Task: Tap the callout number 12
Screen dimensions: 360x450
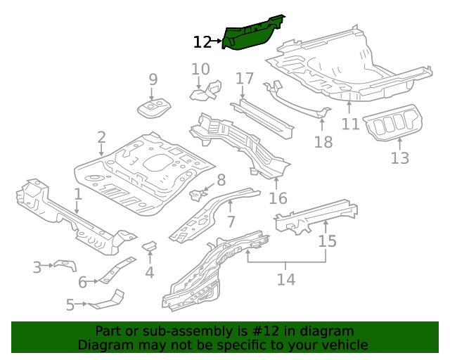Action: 202,42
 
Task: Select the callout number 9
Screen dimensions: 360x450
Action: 153,80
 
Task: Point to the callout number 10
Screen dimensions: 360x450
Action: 200,69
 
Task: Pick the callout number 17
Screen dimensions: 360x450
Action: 244,78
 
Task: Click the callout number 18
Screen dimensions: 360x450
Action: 323,143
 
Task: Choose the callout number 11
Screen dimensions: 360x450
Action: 350,124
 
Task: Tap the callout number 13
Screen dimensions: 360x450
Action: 399,158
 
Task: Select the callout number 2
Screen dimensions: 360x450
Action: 101,137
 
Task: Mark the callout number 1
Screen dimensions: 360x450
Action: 78,193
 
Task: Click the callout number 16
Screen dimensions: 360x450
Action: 278,198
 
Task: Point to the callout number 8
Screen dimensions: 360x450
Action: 220,180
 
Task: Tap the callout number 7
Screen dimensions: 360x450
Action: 230,223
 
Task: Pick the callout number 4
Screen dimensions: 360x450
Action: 149,273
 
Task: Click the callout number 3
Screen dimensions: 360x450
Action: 37,267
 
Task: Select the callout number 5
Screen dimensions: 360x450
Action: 70,305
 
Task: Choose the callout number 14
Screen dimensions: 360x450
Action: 285,280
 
